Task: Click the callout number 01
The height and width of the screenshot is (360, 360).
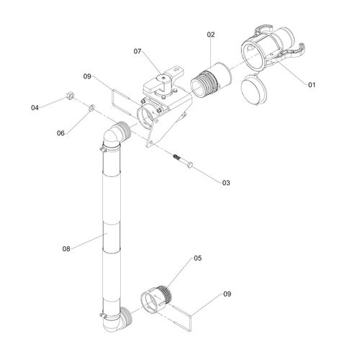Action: [x=312, y=85]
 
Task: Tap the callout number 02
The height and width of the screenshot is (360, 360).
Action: [x=211, y=35]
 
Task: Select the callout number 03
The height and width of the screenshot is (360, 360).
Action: [x=226, y=183]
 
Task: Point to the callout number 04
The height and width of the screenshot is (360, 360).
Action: [x=35, y=108]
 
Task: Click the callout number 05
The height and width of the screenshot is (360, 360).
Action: [x=198, y=258]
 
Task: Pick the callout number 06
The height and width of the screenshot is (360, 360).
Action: [x=60, y=133]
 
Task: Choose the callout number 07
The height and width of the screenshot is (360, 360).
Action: [x=138, y=51]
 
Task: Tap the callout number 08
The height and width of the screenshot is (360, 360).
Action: [x=66, y=249]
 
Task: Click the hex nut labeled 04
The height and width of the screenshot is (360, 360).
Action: [x=69, y=96]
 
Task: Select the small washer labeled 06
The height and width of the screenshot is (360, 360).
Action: [x=92, y=108]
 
